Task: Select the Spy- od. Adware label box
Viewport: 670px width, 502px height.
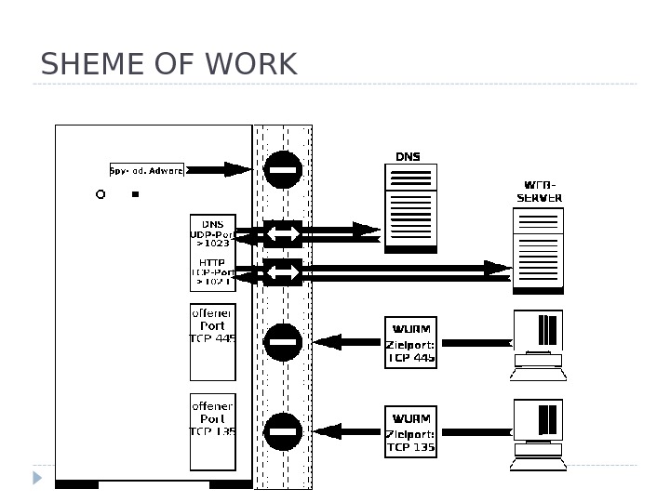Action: click(x=147, y=170)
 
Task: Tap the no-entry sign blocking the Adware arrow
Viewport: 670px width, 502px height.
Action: click(x=283, y=169)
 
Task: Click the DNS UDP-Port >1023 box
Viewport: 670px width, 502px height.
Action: click(x=212, y=232)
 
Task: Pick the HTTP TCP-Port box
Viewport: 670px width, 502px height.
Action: click(x=212, y=271)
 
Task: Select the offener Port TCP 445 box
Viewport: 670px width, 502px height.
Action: click(x=213, y=341)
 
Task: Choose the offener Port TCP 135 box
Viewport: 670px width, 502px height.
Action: click(x=213, y=431)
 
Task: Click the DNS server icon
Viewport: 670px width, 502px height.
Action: click(x=410, y=208)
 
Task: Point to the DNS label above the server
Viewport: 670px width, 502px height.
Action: click(x=408, y=157)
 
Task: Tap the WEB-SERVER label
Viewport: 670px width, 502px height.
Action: click(x=540, y=192)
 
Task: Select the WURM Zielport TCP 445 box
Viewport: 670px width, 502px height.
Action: click(x=410, y=342)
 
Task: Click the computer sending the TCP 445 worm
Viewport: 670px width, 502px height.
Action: click(x=539, y=344)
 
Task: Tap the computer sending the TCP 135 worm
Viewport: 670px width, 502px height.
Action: click(x=539, y=434)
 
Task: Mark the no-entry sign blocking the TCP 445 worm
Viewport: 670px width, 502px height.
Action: click(x=283, y=342)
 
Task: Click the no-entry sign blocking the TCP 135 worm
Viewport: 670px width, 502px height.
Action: click(x=283, y=431)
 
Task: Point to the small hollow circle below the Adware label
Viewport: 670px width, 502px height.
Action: click(x=100, y=195)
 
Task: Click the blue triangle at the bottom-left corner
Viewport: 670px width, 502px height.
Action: click(x=37, y=478)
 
